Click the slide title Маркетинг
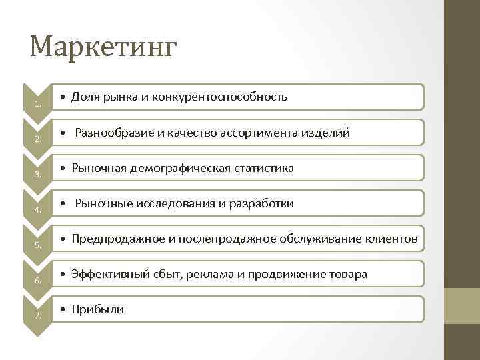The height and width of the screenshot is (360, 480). (104, 47)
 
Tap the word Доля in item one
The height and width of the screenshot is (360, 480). (85, 97)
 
